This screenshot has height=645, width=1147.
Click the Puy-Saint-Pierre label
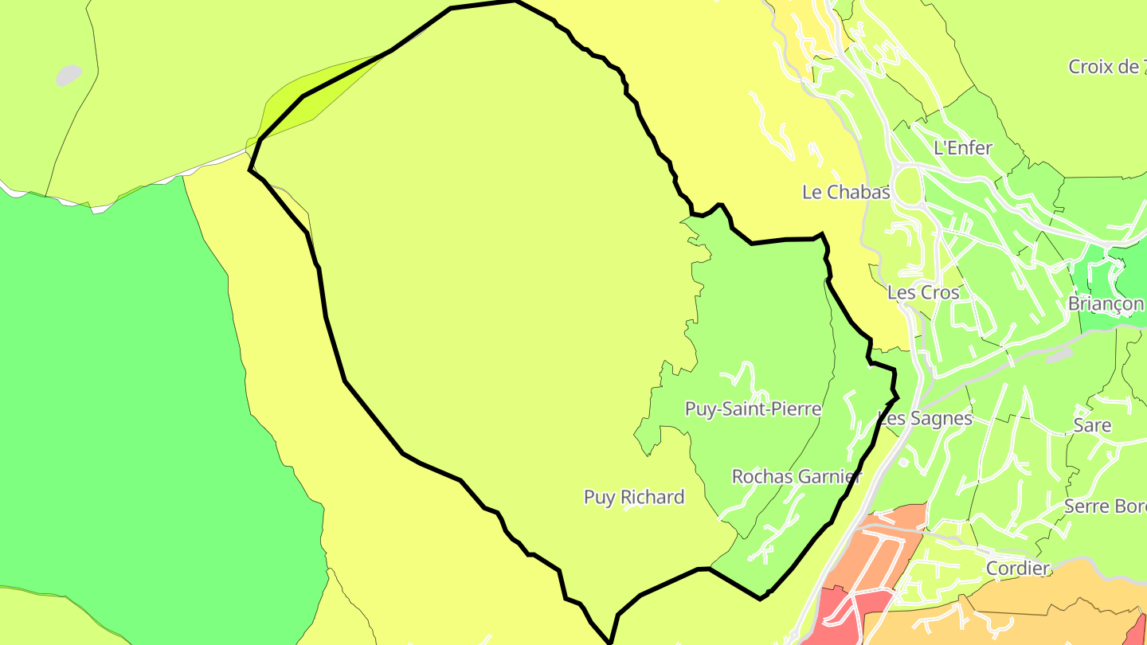[x=753, y=408]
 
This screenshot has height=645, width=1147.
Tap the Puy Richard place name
[x=634, y=497]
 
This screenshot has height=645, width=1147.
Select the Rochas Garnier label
[x=797, y=476]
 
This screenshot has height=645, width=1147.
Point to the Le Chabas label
[x=846, y=192]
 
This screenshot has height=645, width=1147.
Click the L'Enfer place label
[x=963, y=147]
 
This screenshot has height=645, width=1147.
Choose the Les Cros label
[x=924, y=292]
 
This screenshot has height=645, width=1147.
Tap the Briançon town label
[x=1106, y=304]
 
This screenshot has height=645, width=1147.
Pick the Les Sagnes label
[x=925, y=418]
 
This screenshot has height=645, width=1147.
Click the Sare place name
[x=1092, y=424]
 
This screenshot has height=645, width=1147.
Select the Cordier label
[x=1018, y=568]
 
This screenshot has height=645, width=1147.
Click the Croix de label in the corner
[x=1106, y=67]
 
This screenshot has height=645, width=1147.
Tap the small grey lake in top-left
[x=69, y=75]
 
